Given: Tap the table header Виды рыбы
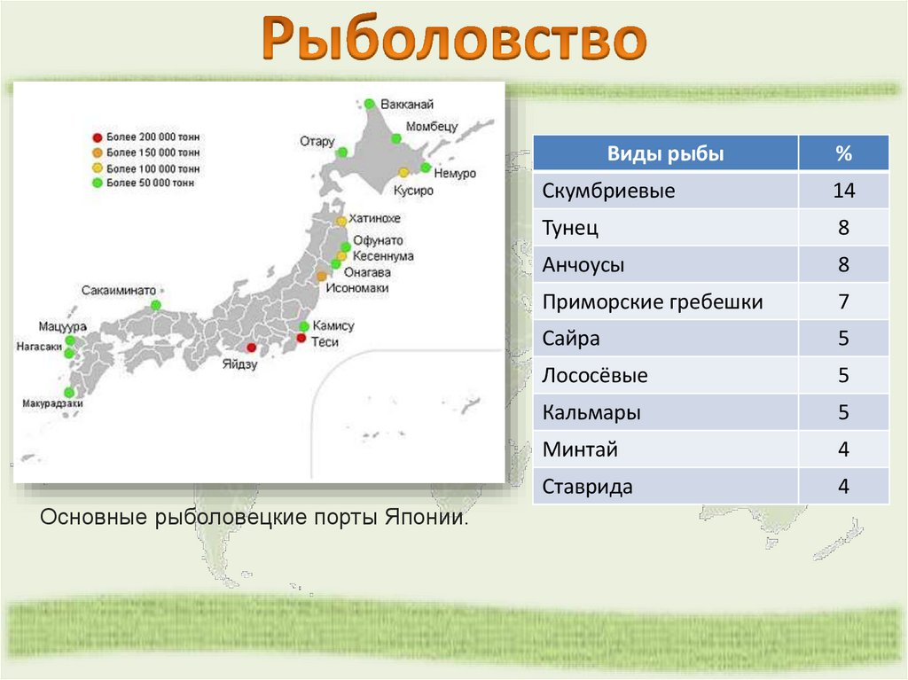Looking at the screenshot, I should [665, 153].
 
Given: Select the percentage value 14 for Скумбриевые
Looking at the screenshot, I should [842, 191].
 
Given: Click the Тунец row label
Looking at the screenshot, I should [570, 228].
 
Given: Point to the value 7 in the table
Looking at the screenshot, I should [842, 302].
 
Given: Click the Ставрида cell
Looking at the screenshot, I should [588, 487].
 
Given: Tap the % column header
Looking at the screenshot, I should [842, 153].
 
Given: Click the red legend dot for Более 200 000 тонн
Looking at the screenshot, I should [98, 137].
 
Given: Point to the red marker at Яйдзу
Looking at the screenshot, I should [251, 348].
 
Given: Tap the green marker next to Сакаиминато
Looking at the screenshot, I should [156, 305].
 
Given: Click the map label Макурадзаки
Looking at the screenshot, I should [52, 404].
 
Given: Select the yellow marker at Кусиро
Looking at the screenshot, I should [403, 173].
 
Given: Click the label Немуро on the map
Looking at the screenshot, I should [455, 174].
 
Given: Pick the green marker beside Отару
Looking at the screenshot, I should [341, 152].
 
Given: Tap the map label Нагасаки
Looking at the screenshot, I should [38, 347].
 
